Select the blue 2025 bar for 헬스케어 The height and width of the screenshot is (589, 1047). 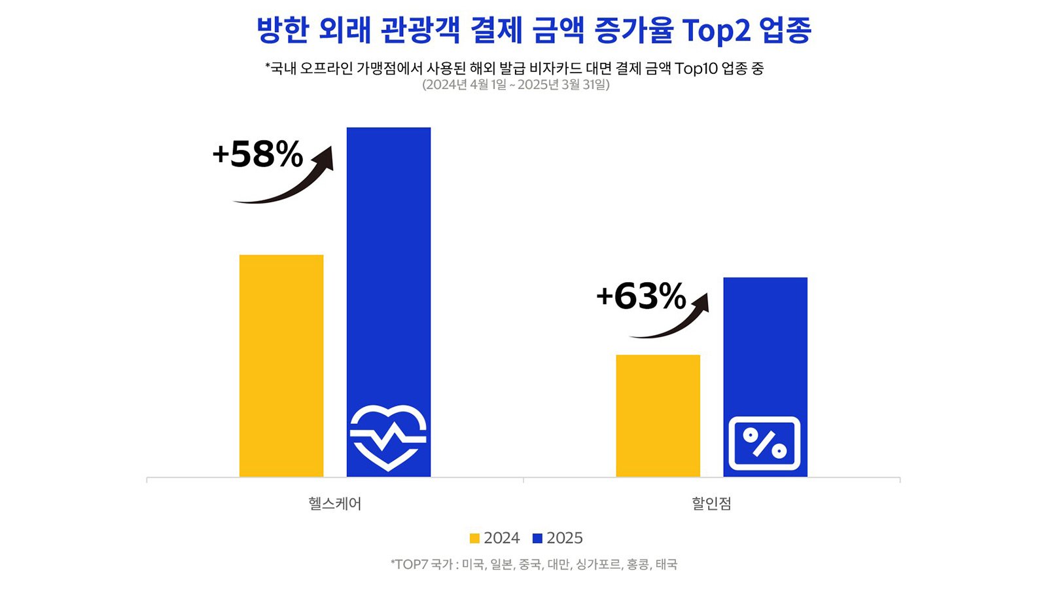[x=389, y=262]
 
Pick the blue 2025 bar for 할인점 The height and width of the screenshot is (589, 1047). [x=765, y=340]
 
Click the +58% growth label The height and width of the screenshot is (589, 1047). [x=258, y=155]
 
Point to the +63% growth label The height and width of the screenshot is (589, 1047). [x=641, y=296]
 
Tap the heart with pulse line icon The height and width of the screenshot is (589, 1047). [x=388, y=437]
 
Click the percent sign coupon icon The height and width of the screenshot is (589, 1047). [x=764, y=443]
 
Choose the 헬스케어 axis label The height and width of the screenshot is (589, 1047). [x=334, y=503]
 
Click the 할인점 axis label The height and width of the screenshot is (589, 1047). [x=711, y=503]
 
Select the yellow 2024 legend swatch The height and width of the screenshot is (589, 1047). [x=474, y=539]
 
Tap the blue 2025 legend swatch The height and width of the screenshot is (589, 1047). [x=537, y=539]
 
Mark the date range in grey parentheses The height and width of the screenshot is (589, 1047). [x=516, y=85]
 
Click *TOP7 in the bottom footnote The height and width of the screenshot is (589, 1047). [x=408, y=564]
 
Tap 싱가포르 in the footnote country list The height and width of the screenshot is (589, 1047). [x=598, y=564]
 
